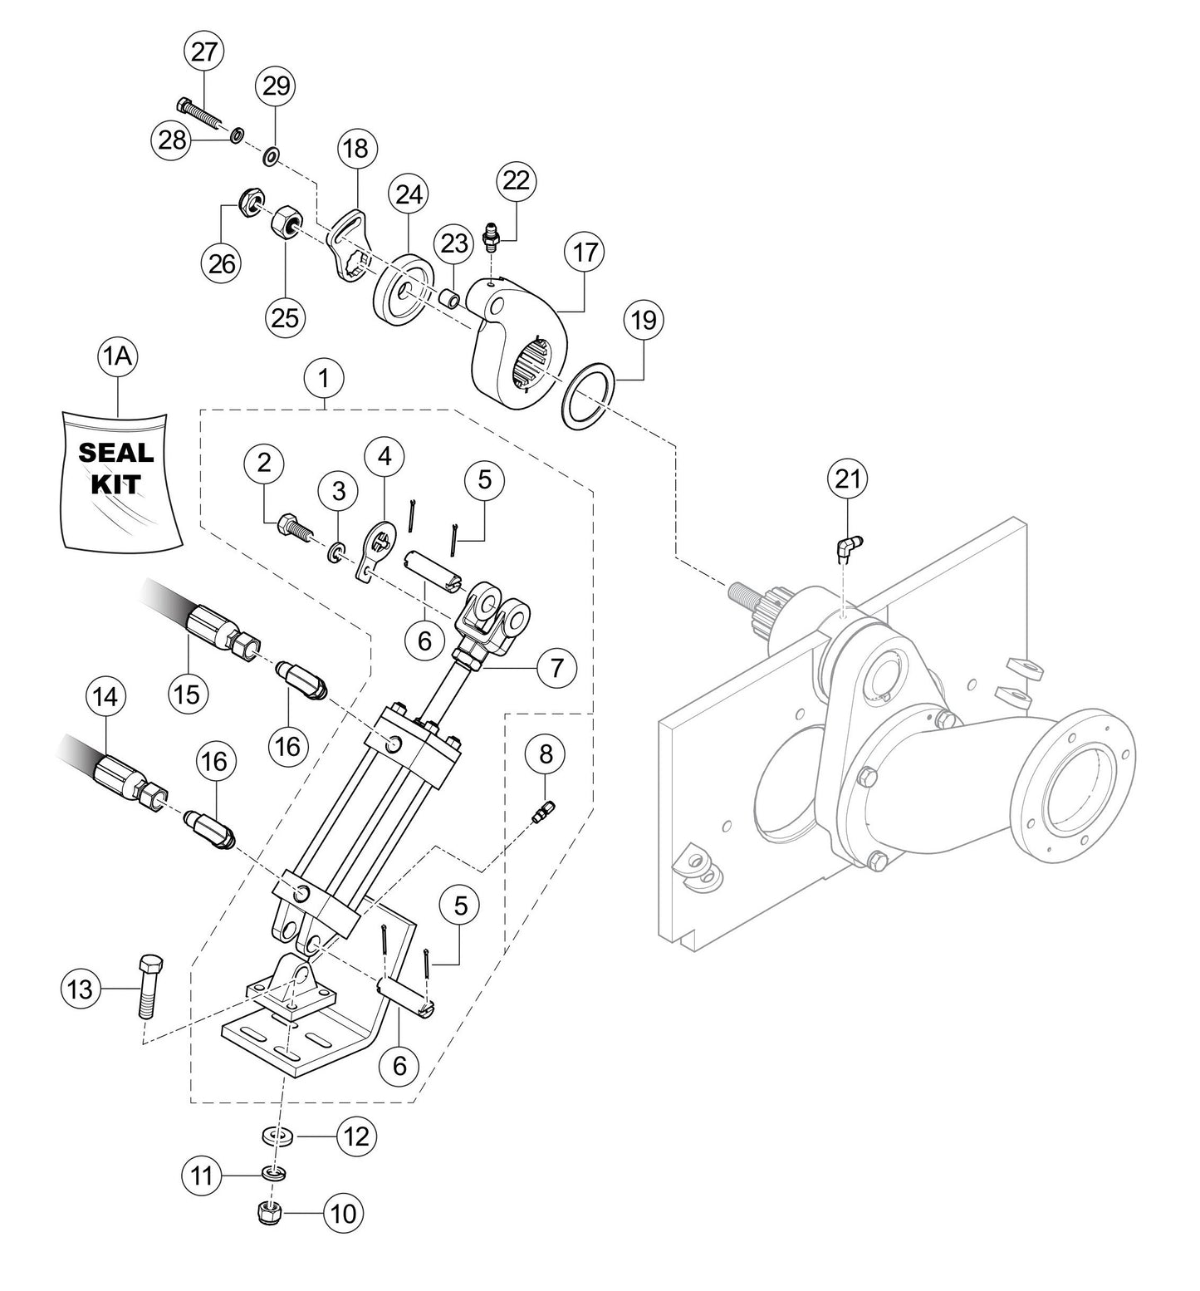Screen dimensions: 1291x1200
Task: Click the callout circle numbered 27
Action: point(203,52)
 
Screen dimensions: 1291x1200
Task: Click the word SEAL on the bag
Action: point(115,453)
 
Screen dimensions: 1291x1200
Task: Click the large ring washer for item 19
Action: point(588,392)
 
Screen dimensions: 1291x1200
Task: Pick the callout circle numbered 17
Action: point(585,252)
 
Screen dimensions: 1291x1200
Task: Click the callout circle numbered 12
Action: point(355,1136)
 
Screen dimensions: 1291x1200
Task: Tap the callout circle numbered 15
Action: point(188,693)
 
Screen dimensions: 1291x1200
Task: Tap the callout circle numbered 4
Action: point(384,456)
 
